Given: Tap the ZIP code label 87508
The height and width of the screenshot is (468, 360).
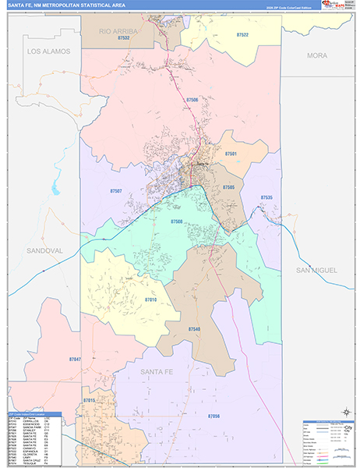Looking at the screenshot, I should click(177, 222).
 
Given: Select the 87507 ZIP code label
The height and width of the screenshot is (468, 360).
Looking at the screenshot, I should click(116, 191).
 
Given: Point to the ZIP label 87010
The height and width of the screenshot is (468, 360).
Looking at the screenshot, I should click(150, 299).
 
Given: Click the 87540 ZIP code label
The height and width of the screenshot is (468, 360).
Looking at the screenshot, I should click(194, 329).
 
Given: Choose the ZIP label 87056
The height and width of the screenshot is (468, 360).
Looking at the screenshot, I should click(214, 417).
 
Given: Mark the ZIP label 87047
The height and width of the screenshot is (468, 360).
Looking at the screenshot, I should click(74, 359).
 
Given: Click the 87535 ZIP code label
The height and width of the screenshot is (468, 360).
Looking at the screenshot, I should click(266, 198).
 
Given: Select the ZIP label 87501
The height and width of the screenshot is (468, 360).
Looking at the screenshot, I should click(231, 154).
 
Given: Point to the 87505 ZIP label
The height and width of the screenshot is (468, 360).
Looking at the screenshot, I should click(228, 187).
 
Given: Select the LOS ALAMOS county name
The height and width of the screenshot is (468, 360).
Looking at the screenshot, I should click(48, 51).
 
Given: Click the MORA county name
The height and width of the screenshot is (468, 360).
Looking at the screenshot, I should click(317, 55).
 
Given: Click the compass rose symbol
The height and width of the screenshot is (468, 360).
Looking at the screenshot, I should click(345, 410).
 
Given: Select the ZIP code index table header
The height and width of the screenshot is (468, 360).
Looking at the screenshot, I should click(40, 415).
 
